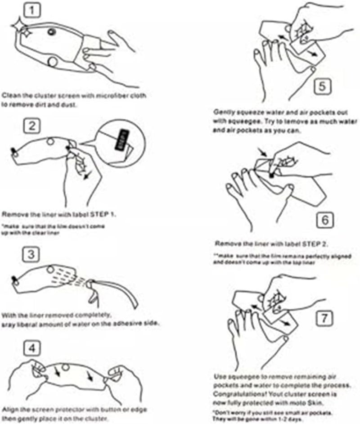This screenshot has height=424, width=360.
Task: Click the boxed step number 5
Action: pos(323,86)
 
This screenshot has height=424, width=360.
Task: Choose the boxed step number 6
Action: pos(323,220)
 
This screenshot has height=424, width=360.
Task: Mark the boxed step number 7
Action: pos(323,318)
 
